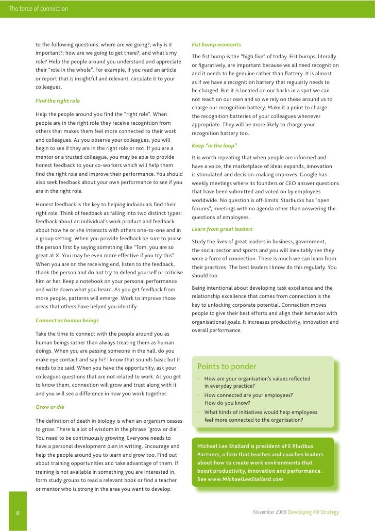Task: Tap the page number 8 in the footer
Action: pos(18,513)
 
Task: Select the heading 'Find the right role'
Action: pos(58,100)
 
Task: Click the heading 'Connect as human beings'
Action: pos(67,320)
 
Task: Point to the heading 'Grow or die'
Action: pos(50,407)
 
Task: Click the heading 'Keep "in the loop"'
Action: pos(214,146)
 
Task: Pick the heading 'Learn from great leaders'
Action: pos(222,229)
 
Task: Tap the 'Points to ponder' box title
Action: pos(227,367)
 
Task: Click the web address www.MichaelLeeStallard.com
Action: pos(245,479)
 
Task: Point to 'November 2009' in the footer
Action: pos(270,513)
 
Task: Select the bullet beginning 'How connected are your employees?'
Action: pos(249,395)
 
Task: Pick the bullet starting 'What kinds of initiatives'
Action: pos(261,412)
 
